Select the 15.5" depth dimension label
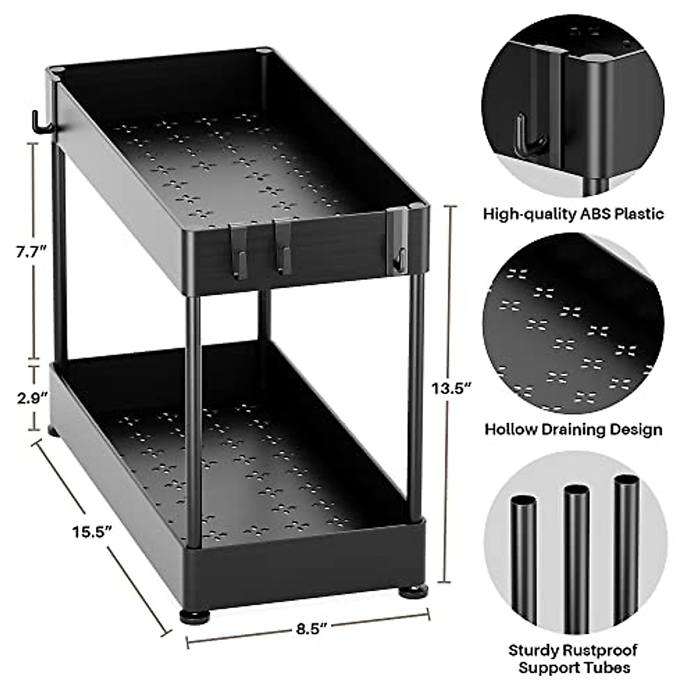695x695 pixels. click(92, 531)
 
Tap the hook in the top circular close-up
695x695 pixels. click(528, 138)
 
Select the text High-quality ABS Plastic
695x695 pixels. click(573, 214)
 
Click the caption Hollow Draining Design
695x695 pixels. click(573, 429)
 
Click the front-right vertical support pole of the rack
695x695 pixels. click(415, 400)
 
